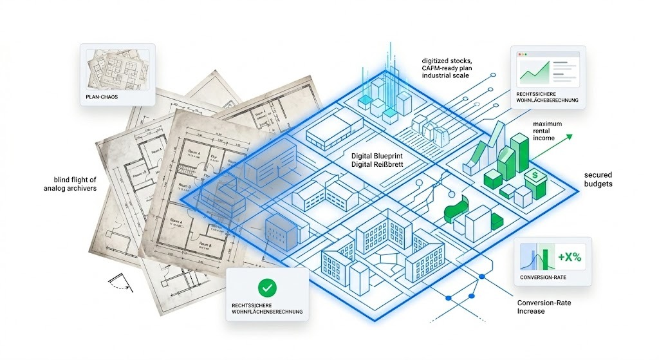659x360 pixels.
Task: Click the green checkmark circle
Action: click(x=266, y=287)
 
